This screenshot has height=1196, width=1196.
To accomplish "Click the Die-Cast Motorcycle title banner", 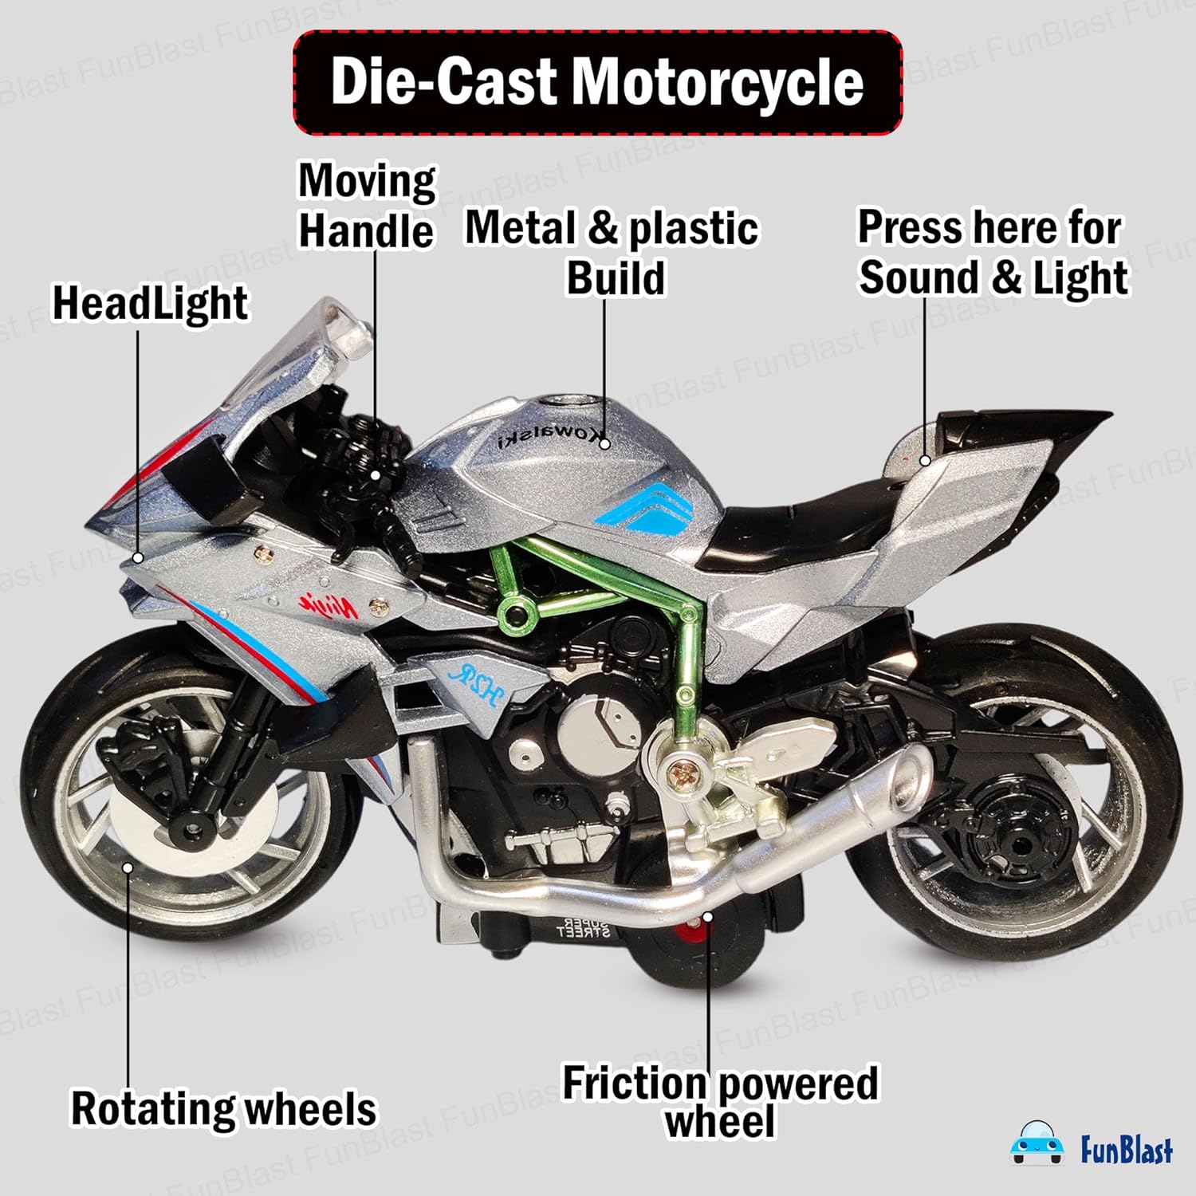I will click(x=597, y=82).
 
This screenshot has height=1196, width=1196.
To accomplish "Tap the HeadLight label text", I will click(x=150, y=304).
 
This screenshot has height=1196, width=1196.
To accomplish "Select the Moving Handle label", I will click(x=366, y=207).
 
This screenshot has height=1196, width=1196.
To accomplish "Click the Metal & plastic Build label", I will click(x=612, y=252).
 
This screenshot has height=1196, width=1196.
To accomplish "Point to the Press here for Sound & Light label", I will click(x=992, y=252).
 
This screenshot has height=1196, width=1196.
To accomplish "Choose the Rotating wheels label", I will click(x=223, y=1109).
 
